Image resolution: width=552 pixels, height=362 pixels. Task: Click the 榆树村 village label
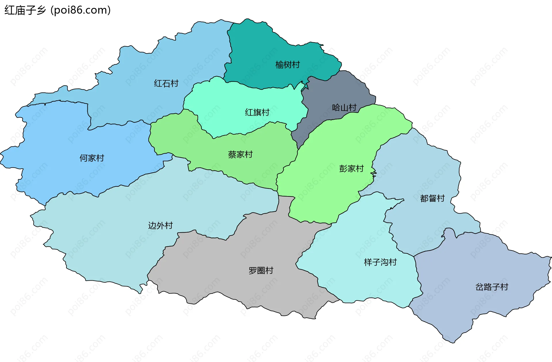pos(287,65)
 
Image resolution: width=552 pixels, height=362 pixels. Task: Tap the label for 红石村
pos(166,83)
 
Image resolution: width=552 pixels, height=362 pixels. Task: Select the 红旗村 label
pos(257,112)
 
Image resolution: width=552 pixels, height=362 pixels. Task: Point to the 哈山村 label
pos(344,108)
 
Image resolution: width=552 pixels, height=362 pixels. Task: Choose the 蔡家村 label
pos(240,154)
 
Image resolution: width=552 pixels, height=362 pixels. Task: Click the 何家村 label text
pos(92,158)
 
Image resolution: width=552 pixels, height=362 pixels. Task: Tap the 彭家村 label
pos(351,168)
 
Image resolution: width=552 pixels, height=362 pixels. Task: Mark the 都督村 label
pos(432,198)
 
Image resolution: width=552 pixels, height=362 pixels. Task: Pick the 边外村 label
pos(160,225)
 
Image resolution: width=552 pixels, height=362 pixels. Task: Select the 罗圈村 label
pos(261,270)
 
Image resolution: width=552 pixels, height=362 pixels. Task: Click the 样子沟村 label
pos(380,262)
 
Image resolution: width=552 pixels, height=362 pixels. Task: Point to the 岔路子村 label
pos(492,287)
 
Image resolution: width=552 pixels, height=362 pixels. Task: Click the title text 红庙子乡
pos(25,10)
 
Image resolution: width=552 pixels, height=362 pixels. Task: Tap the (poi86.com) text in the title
pos(81,10)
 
